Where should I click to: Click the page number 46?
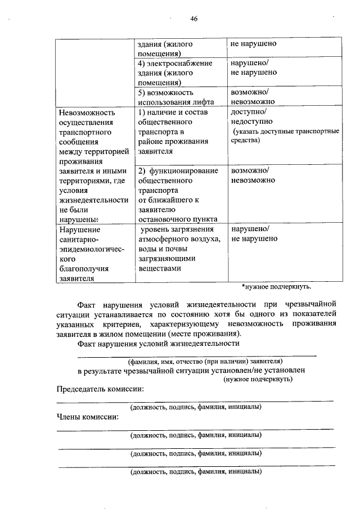coord(193,19)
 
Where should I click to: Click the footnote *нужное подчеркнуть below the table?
coord(276,287)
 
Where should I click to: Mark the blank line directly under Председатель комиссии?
coord(195,400)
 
